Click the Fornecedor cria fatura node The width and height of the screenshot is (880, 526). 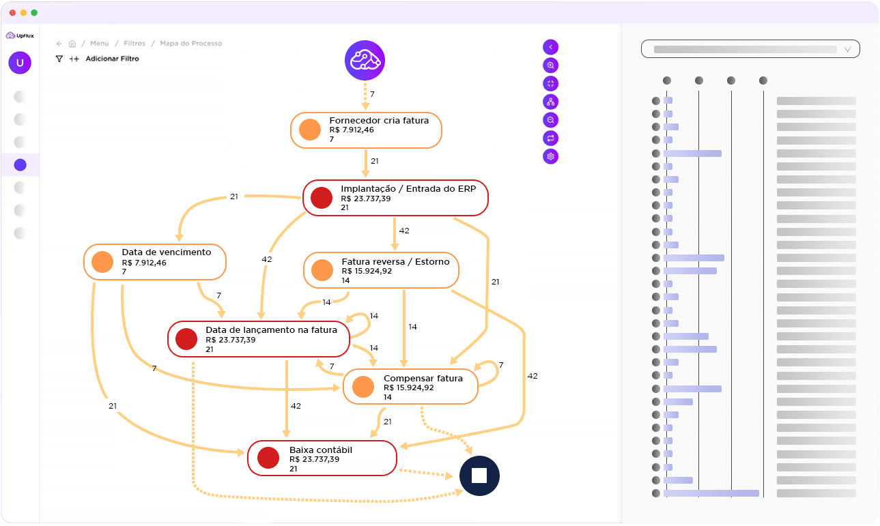point(366,130)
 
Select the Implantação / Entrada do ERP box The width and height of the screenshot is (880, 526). point(395,198)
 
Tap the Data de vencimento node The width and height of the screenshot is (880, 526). point(155,261)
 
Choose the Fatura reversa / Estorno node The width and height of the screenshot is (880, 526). point(381,270)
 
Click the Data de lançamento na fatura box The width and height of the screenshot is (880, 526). point(259,339)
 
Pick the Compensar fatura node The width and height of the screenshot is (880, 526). point(410,387)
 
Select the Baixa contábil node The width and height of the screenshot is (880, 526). point(322,458)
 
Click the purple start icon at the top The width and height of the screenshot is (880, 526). point(365,61)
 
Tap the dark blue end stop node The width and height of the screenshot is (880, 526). point(479,476)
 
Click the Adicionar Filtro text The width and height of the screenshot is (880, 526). point(112,59)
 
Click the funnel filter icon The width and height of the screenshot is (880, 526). point(59,59)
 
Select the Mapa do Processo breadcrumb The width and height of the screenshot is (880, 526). point(191,44)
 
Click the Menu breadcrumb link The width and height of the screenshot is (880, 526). point(99,44)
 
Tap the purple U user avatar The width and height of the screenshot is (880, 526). point(20,63)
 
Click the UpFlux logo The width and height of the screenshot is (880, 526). point(20,35)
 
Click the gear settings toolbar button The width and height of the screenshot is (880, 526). point(551,156)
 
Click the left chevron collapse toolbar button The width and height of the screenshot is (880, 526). point(551,47)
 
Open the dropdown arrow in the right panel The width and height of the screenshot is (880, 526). point(848,49)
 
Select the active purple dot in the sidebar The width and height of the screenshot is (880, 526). point(20,164)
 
